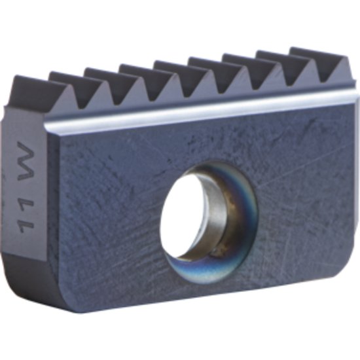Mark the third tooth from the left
(105, 81)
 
